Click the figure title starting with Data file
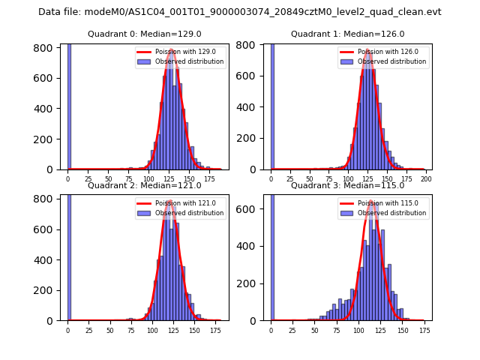click(x=240, y=12)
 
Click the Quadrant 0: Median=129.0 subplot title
click(x=145, y=34)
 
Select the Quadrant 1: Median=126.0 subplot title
click(x=348, y=34)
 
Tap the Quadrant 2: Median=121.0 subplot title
click(x=145, y=185)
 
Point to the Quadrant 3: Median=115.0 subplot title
click(x=348, y=185)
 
